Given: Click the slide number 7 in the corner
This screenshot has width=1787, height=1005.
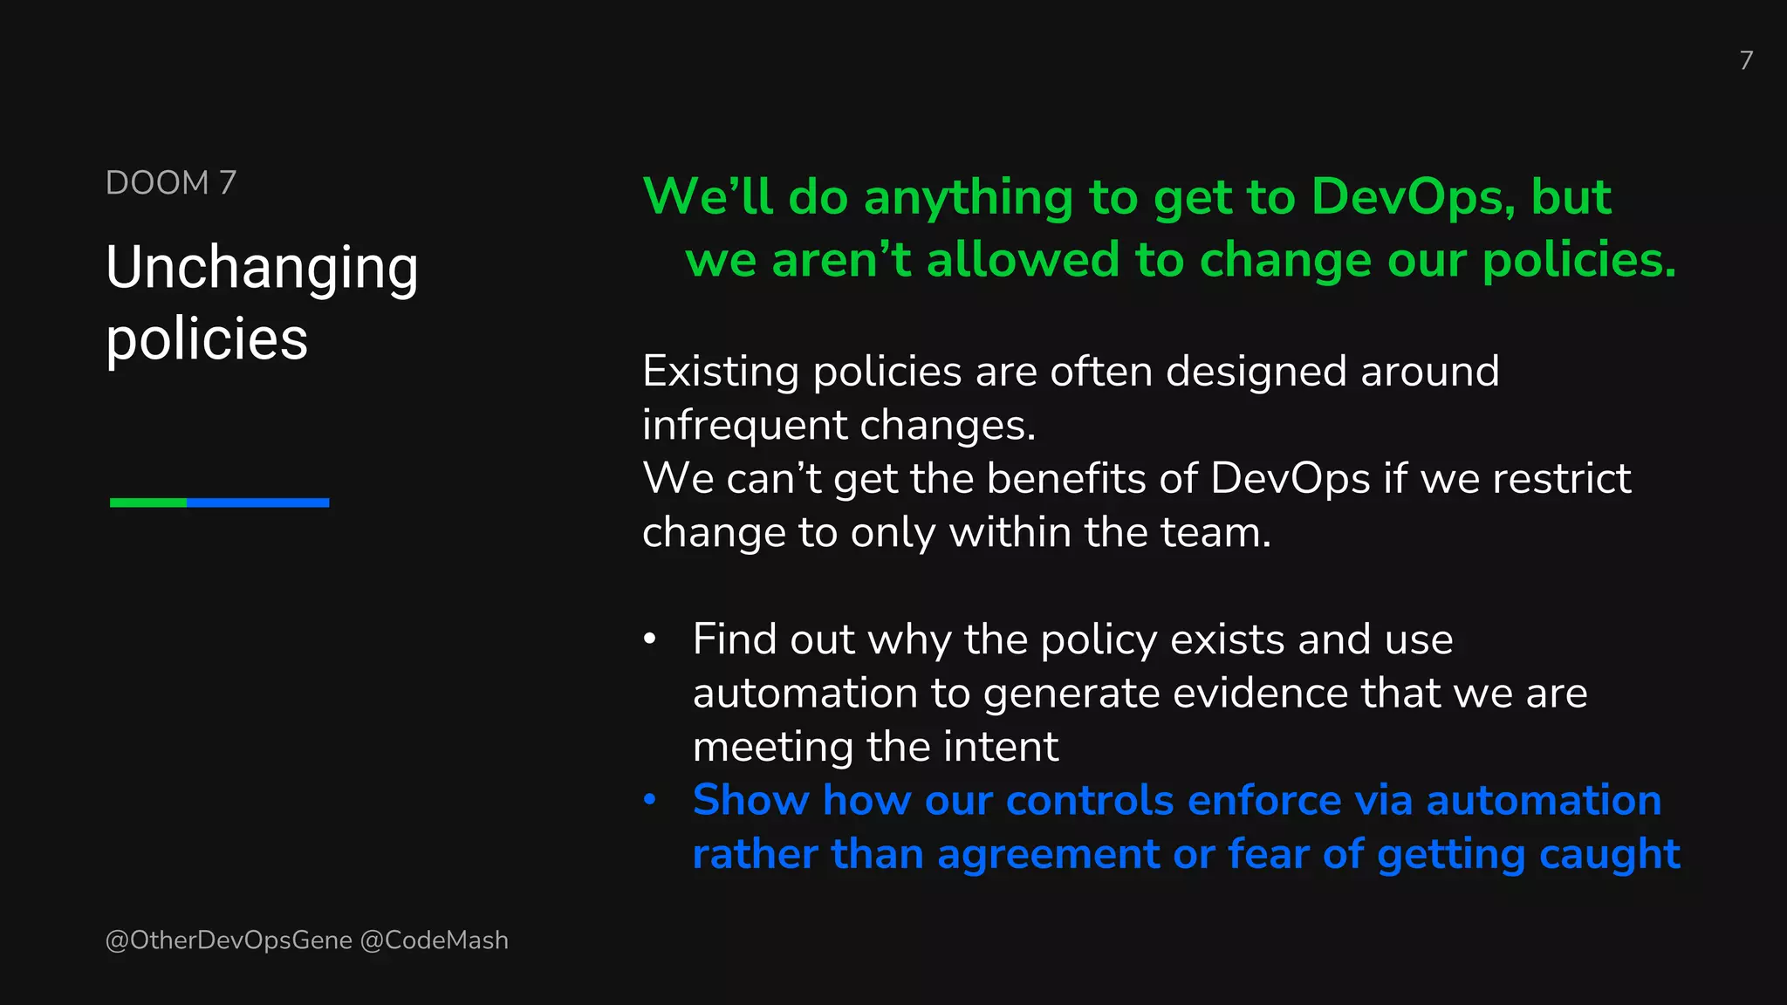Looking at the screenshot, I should pyautogui.click(x=1745, y=60).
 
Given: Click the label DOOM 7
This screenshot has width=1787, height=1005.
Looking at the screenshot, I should pyautogui.click(x=171, y=183).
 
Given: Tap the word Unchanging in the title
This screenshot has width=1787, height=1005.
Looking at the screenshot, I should pyautogui.click(x=262, y=268).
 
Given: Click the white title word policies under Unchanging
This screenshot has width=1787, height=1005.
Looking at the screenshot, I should pyautogui.click(x=207, y=339).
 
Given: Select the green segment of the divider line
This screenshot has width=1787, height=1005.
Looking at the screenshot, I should pyautogui.click(x=148, y=502).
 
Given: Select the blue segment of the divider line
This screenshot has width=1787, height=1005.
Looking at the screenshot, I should pyautogui.click(x=257, y=502).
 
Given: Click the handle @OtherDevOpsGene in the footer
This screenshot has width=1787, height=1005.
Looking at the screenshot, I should pyautogui.click(x=229, y=940).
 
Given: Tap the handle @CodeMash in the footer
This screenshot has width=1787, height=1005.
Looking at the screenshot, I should pyautogui.click(x=434, y=940).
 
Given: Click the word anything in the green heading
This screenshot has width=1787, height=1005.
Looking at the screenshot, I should pyautogui.click(x=968, y=197).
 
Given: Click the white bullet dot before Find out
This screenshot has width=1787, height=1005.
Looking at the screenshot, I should pyautogui.click(x=649, y=639).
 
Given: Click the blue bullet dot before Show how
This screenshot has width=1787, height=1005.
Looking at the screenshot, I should pyautogui.click(x=649, y=800).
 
